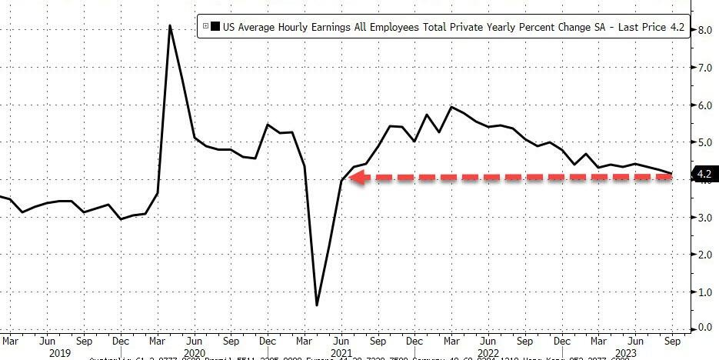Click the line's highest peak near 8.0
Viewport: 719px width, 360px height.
pos(170,26)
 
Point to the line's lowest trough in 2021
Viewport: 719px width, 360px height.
pos(317,305)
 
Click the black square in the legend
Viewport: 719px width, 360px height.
pos(215,26)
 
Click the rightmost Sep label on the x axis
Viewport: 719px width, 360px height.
pos(671,339)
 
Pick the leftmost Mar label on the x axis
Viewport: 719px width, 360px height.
pos(9,339)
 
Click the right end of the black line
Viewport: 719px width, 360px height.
pos(671,173)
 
